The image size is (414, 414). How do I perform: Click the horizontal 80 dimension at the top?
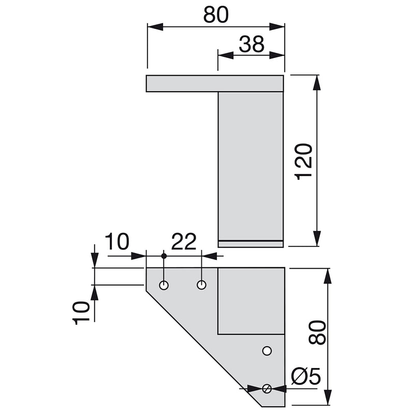tap(216, 15)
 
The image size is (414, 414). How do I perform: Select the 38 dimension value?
tap(252, 45)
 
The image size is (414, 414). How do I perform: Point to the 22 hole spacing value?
tap(184, 242)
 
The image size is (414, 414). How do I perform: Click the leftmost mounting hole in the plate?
tap(164, 285)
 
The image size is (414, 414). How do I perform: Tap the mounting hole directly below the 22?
tap(202, 285)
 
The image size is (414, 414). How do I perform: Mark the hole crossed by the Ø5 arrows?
tap(267, 388)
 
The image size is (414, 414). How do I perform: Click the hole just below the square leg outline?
tap(267, 351)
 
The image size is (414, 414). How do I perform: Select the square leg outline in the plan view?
tap(251, 301)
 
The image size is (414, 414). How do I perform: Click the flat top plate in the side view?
tap(215, 83)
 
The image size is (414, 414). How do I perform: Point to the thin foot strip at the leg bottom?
tap(250, 244)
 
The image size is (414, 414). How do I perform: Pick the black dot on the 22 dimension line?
tap(164, 256)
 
